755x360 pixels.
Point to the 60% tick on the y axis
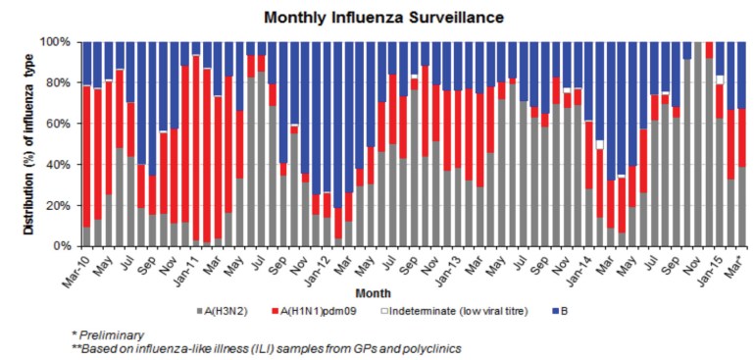[x=59, y=124]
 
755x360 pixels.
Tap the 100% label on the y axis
[x=56, y=42]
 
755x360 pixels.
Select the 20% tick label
[x=59, y=205]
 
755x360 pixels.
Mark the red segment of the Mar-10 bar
[x=86, y=157]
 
